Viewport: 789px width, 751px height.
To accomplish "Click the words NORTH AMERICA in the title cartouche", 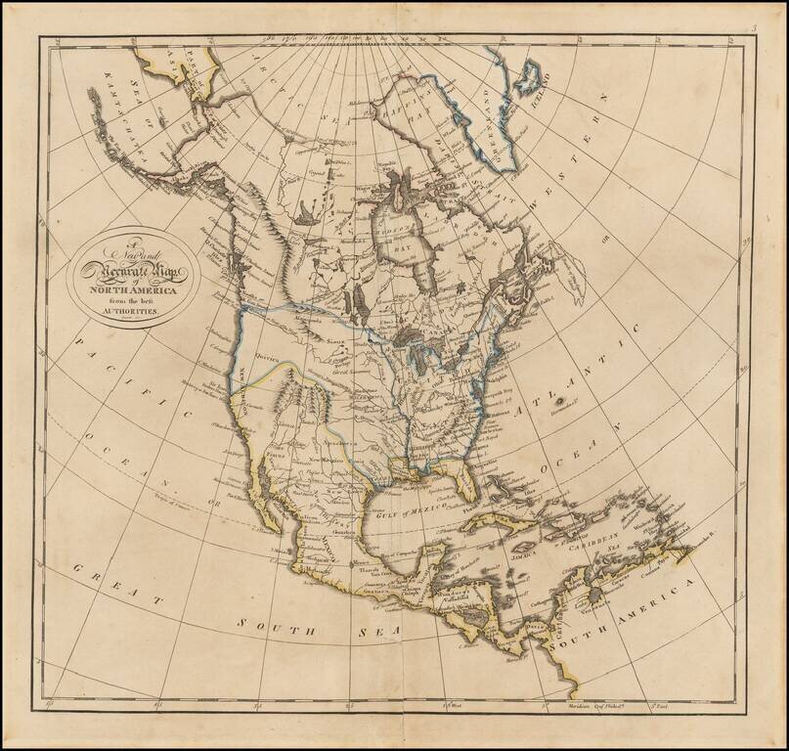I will pos(134,288).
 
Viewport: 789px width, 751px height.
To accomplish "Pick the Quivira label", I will pos(267,358).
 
